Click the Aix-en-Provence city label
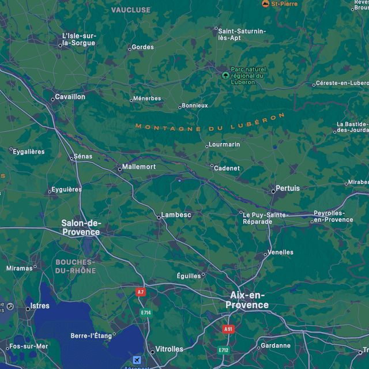(x=247, y=300)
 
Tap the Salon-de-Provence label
(x=81, y=227)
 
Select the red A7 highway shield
(x=141, y=292)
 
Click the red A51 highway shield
(x=228, y=329)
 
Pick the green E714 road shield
(x=145, y=312)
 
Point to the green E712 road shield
(x=224, y=350)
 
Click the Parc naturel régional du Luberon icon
(x=225, y=75)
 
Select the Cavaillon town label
(x=70, y=97)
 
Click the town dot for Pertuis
(x=273, y=191)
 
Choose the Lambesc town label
(x=176, y=214)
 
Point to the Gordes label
(x=142, y=47)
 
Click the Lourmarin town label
(x=224, y=144)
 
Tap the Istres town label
(x=40, y=306)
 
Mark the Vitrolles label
(x=170, y=349)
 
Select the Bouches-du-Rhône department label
(x=76, y=266)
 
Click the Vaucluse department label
(x=131, y=10)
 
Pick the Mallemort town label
(x=139, y=167)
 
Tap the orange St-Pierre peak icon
(x=265, y=3)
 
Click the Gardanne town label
(x=276, y=345)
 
